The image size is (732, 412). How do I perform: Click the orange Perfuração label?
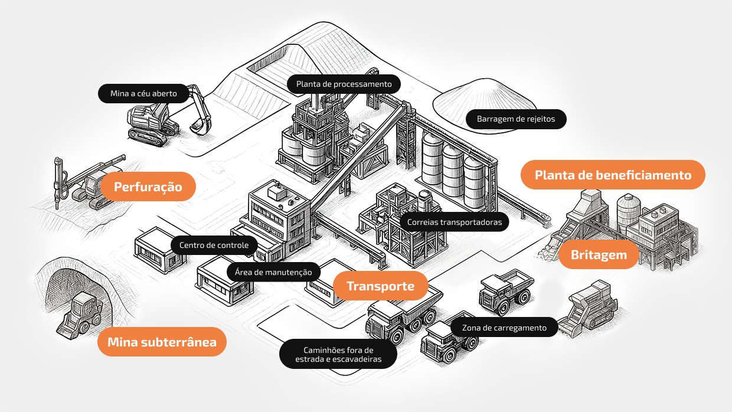148,187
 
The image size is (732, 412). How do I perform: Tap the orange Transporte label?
380,286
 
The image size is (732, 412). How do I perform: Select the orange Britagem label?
598,255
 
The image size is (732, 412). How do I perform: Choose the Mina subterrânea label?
162,341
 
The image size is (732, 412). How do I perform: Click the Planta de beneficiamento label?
613,175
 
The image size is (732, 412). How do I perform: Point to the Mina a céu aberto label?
143,93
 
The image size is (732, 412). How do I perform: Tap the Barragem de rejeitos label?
516,119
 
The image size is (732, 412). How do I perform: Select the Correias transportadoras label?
454,222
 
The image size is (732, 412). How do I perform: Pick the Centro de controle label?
214,244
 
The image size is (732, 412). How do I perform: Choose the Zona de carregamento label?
504,327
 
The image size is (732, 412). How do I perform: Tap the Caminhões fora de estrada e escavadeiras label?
338,354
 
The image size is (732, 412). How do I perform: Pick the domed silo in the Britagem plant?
628,210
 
